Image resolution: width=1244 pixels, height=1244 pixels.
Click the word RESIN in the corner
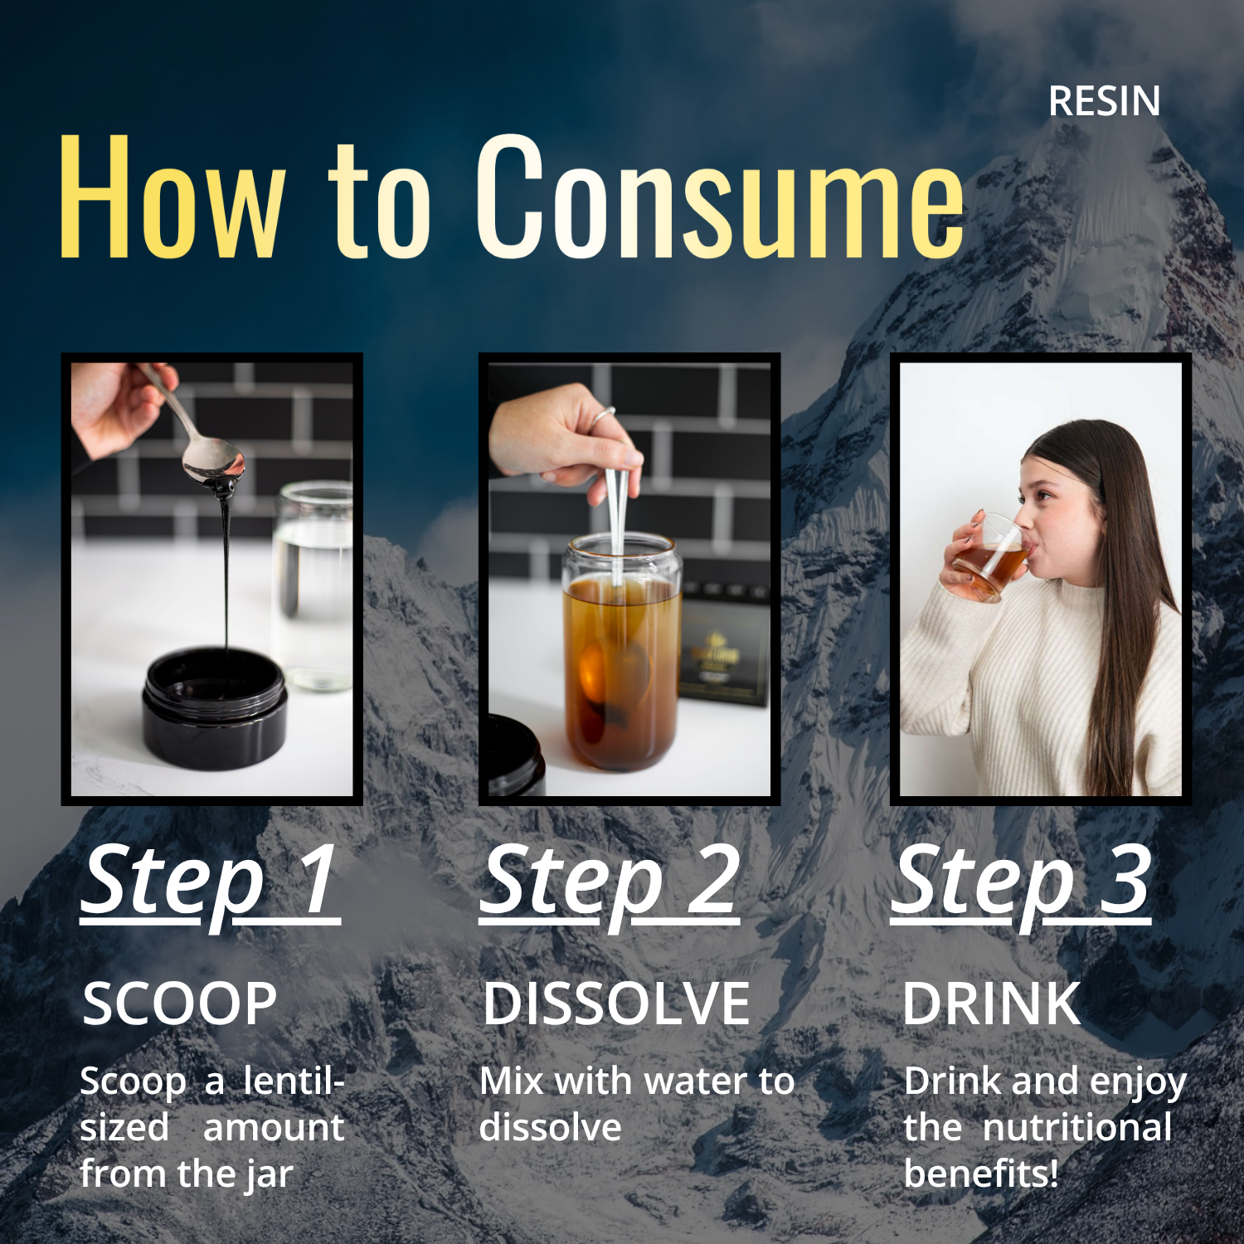pos(1104,101)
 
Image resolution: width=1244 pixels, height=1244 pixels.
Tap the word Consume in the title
pos(720,196)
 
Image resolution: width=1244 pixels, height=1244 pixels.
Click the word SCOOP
pos(179,1003)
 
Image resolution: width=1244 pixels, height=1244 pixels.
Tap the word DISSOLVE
pos(616,1003)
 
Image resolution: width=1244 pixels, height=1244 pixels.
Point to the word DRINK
pos(991,1003)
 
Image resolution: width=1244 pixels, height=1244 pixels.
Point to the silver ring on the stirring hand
pos(603,416)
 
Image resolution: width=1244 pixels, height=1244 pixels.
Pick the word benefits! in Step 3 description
pos(981,1174)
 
